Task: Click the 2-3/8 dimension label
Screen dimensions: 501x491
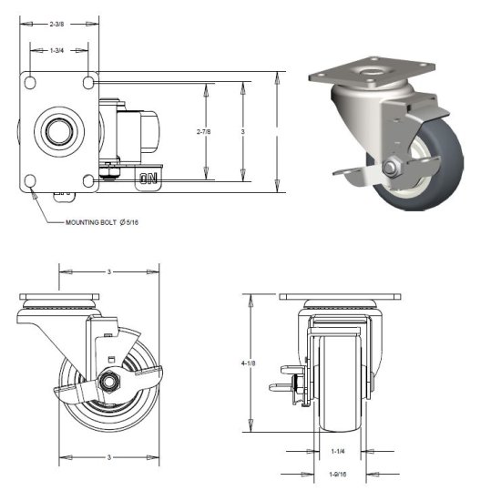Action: coord(56,24)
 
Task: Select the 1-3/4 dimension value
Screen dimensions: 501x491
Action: coord(56,50)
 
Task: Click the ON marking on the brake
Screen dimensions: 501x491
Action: coord(148,179)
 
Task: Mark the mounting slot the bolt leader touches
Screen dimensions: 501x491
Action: coord(31,182)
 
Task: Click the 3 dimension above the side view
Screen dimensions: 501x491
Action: coord(109,271)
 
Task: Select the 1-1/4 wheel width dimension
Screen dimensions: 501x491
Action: coord(338,450)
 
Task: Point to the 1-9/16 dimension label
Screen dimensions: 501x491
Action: coord(338,475)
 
